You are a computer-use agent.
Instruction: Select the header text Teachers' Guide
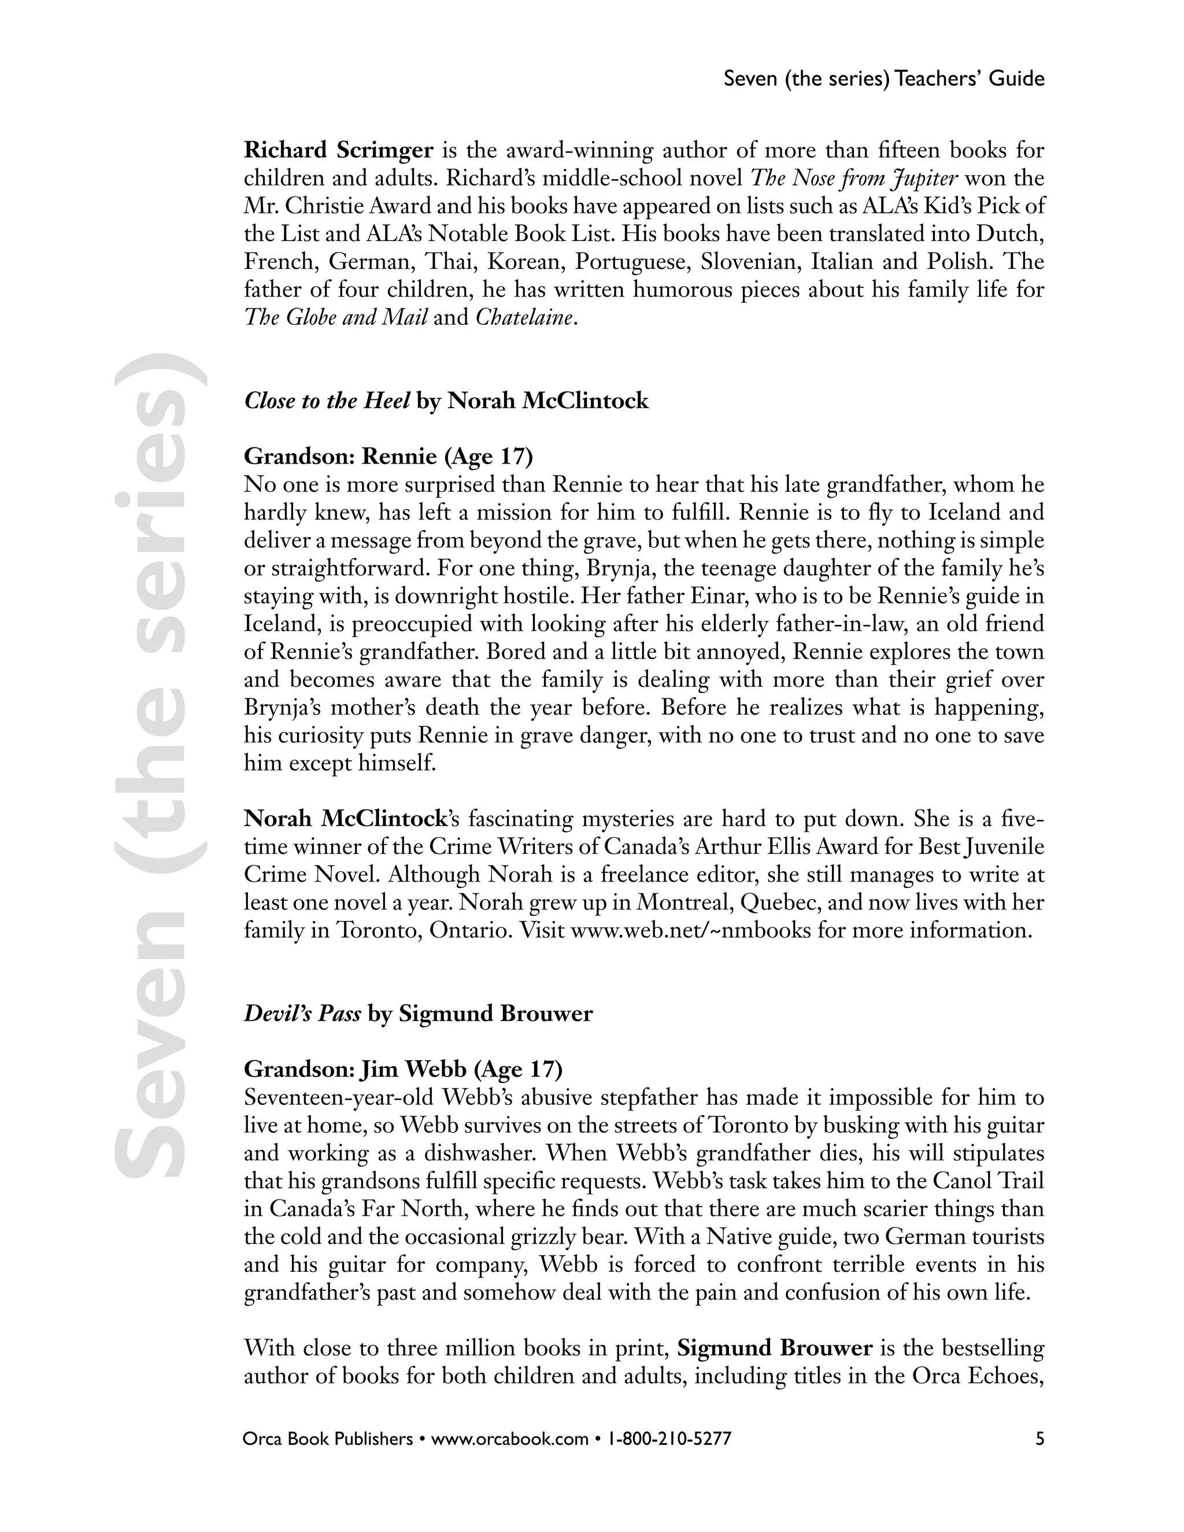tap(970, 79)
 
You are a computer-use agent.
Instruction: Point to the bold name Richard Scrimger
tap(338, 150)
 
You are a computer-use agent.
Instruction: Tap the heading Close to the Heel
tap(327, 401)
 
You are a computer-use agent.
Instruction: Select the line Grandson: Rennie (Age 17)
tap(388, 457)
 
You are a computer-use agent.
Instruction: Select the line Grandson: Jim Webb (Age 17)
tap(402, 1069)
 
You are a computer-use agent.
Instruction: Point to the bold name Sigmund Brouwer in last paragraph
tap(775, 1348)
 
